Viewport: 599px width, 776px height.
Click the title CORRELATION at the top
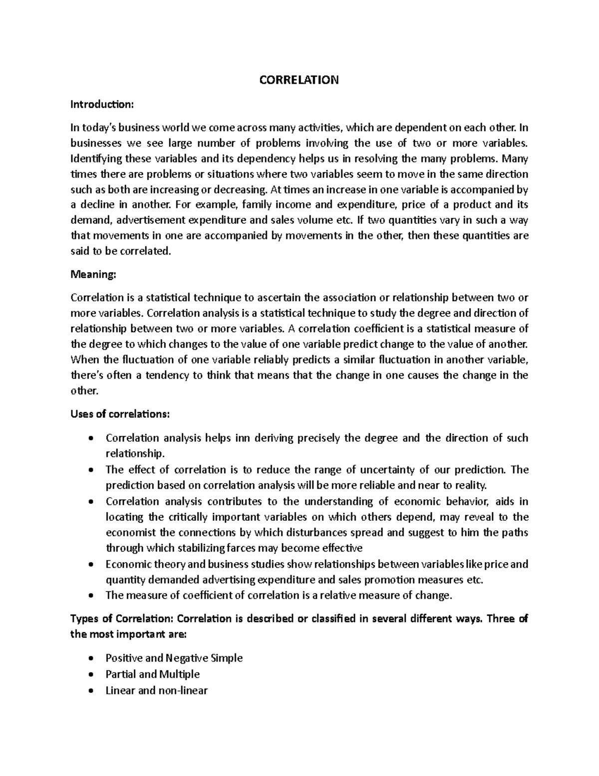coord(299,80)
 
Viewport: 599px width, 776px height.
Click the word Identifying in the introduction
coord(93,159)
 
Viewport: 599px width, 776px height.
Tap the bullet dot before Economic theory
coord(90,565)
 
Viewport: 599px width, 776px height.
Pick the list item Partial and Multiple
coord(152,674)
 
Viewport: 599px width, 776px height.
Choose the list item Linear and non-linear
coord(156,691)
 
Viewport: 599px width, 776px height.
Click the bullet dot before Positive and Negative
coord(90,659)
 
